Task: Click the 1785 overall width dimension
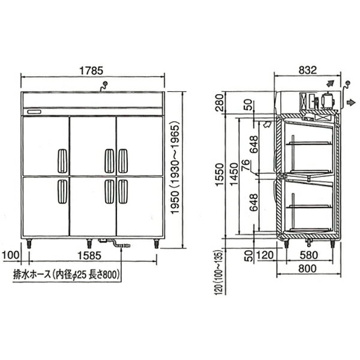[93, 70]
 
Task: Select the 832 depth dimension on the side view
[307, 70]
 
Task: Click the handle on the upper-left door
[61, 160]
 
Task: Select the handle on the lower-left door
[61, 191]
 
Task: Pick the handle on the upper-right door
[122, 160]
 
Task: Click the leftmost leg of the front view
[30, 244]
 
